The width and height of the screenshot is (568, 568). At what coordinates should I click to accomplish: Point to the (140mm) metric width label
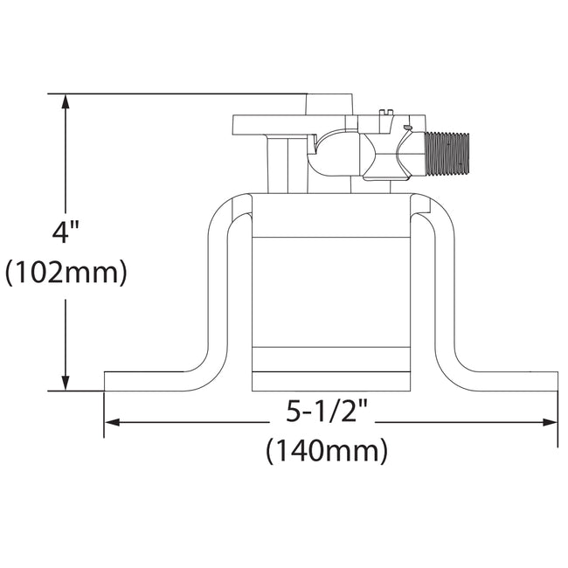[326, 451]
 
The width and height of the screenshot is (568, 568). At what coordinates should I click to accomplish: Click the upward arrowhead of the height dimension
[66, 100]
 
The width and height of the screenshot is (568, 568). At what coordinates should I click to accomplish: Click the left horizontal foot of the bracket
[149, 382]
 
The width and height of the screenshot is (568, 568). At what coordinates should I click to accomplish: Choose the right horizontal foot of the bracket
[511, 382]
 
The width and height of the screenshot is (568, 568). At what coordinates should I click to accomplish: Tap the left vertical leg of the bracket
[218, 288]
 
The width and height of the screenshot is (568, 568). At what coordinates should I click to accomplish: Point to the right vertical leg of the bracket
[443, 288]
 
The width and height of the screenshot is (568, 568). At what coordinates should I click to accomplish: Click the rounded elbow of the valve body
[332, 153]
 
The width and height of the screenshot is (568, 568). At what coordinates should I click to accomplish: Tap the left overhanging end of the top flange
[249, 125]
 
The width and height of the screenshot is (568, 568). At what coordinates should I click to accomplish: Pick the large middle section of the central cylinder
[330, 293]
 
